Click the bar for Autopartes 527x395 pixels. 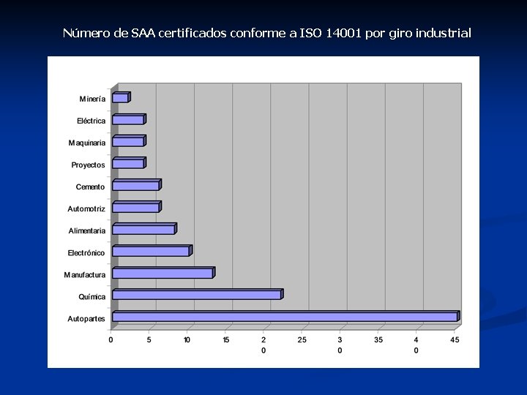tap(285, 317)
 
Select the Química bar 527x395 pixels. tap(197, 295)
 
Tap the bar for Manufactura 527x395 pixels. tap(162, 273)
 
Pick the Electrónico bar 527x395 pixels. tap(151, 251)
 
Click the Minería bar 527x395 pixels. tap(121, 97)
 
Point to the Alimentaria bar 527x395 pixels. tap(143, 229)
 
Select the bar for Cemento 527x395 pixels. tap(136, 185)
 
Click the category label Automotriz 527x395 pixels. tap(86, 209)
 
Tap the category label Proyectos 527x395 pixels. tap(88, 165)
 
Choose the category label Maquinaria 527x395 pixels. tap(87, 143)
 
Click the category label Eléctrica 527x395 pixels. tap(91, 121)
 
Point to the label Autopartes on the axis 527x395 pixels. tap(86, 319)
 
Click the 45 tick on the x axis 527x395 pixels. tap(455, 339)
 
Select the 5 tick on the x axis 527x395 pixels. tap(149, 339)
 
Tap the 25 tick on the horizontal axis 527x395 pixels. tap(302, 339)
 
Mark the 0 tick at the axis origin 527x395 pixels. tap(111, 339)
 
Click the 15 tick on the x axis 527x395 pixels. tap(225, 339)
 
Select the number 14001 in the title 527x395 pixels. tap(344, 33)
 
